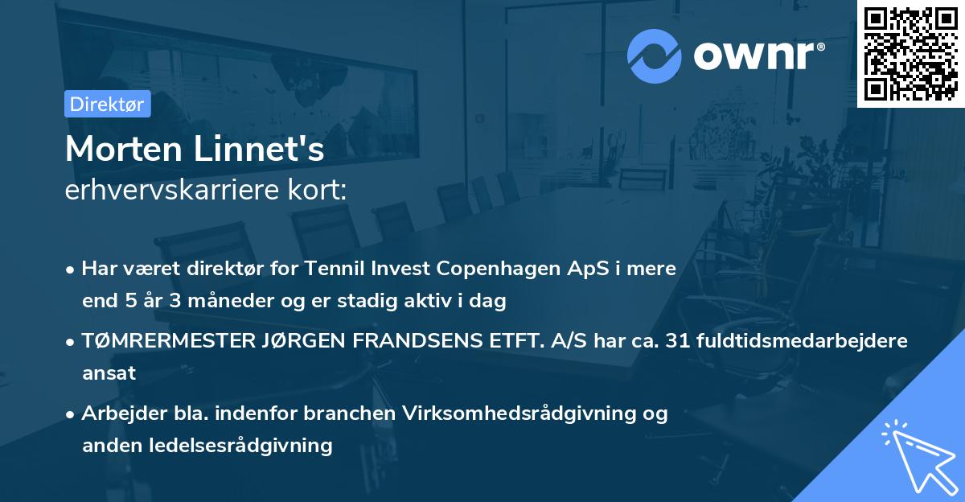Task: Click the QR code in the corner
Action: (x=910, y=53)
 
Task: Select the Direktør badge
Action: (x=107, y=104)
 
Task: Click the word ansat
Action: (x=109, y=372)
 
